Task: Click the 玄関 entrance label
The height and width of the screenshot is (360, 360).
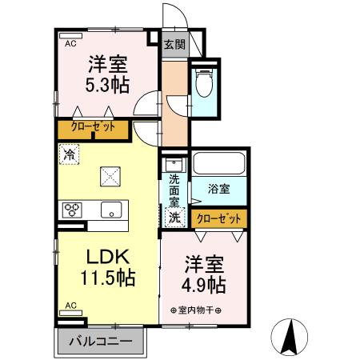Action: [174, 45]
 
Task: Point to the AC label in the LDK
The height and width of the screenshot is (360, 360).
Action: [70, 305]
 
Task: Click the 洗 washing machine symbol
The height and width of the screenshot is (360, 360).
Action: [174, 217]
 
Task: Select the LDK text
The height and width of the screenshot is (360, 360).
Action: [108, 258]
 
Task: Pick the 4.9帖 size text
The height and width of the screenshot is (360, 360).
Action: [206, 284]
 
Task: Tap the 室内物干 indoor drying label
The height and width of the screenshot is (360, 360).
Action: [196, 310]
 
